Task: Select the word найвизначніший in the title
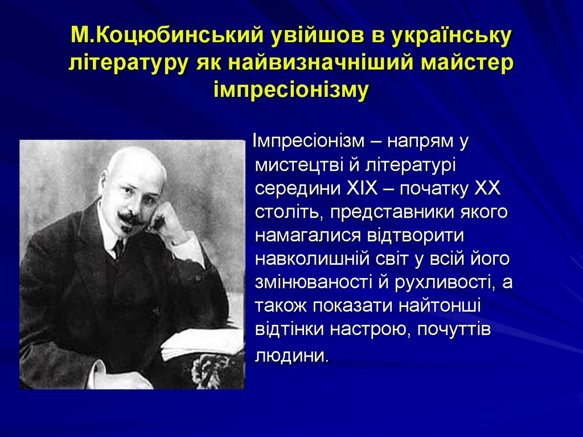point(321,63)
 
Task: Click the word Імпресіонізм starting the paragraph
point(309,141)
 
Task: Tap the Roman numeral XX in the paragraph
point(487,189)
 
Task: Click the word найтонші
point(440,307)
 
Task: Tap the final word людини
point(291,356)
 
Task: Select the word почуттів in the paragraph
point(454,330)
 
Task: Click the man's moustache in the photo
point(130,218)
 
